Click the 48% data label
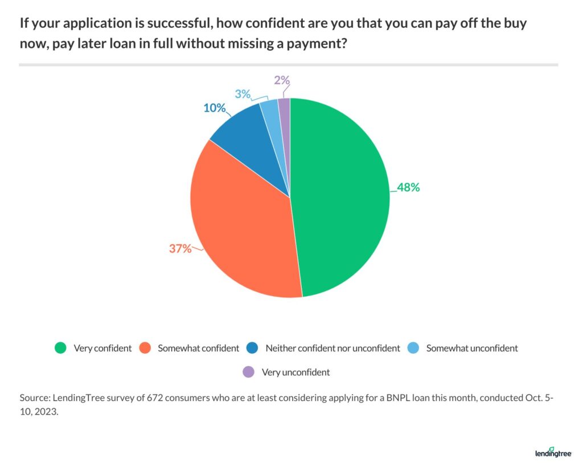[408, 187]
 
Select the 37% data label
[180, 248]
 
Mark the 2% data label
[281, 80]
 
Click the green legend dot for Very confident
[60, 348]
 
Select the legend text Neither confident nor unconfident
[333, 348]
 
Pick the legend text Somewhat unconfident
[472, 348]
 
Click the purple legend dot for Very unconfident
[248, 372]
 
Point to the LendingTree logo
[553, 452]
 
